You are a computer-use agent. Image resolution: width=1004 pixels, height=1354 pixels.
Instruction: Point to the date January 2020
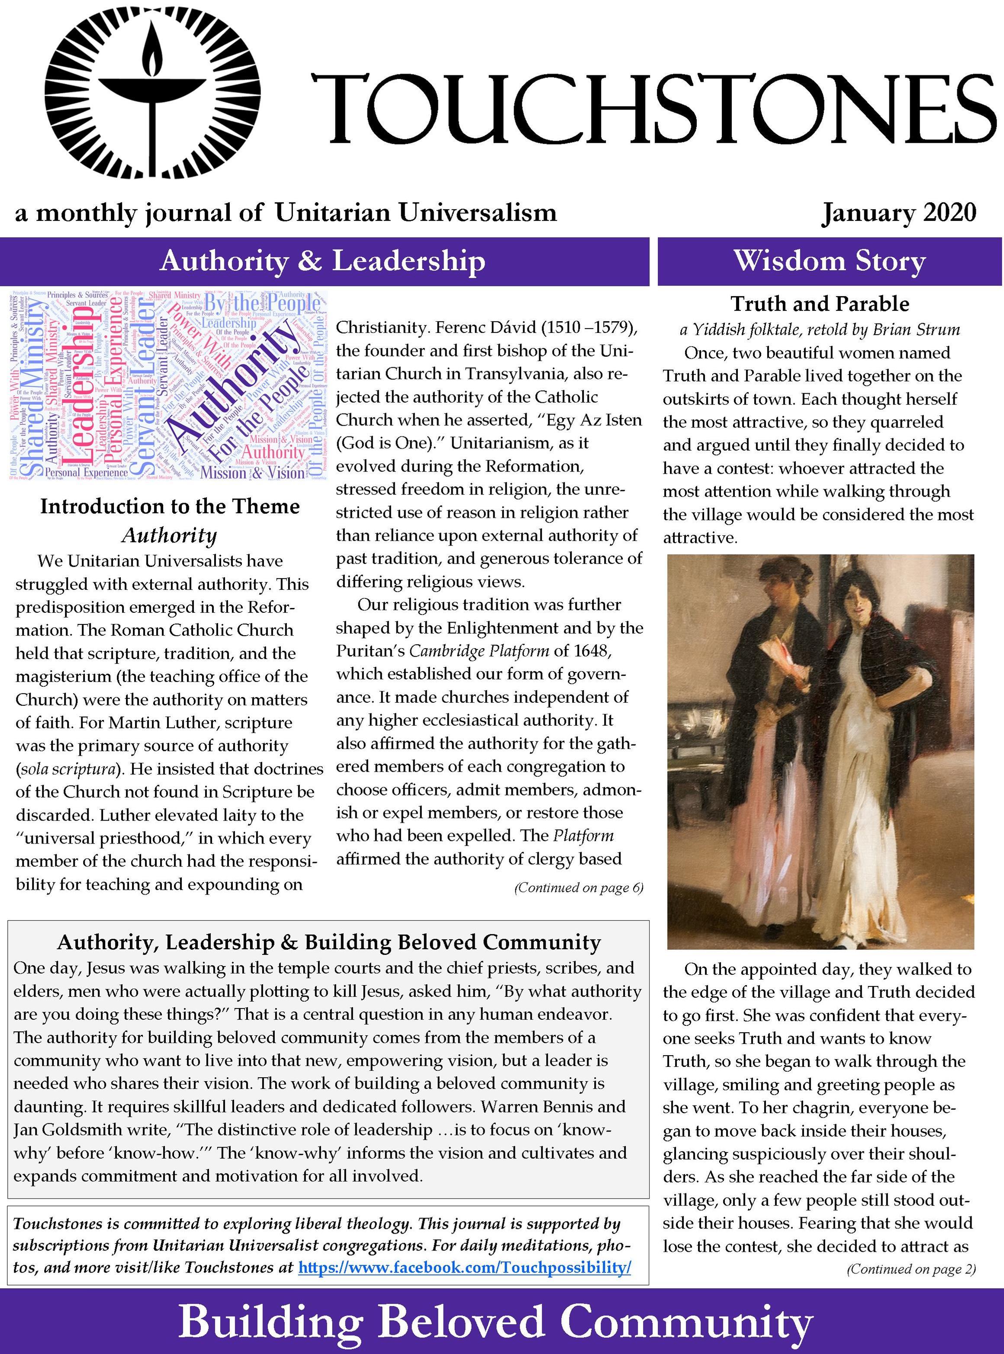coord(899,213)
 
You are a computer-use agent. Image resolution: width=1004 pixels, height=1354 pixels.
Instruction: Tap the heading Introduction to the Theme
coord(170,507)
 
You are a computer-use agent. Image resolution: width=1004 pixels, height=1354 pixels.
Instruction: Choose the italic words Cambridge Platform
coord(479,650)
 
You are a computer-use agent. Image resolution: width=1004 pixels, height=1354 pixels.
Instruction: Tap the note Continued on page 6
coord(579,888)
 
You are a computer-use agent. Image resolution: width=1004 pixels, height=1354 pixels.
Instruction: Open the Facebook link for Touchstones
coord(465,1251)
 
